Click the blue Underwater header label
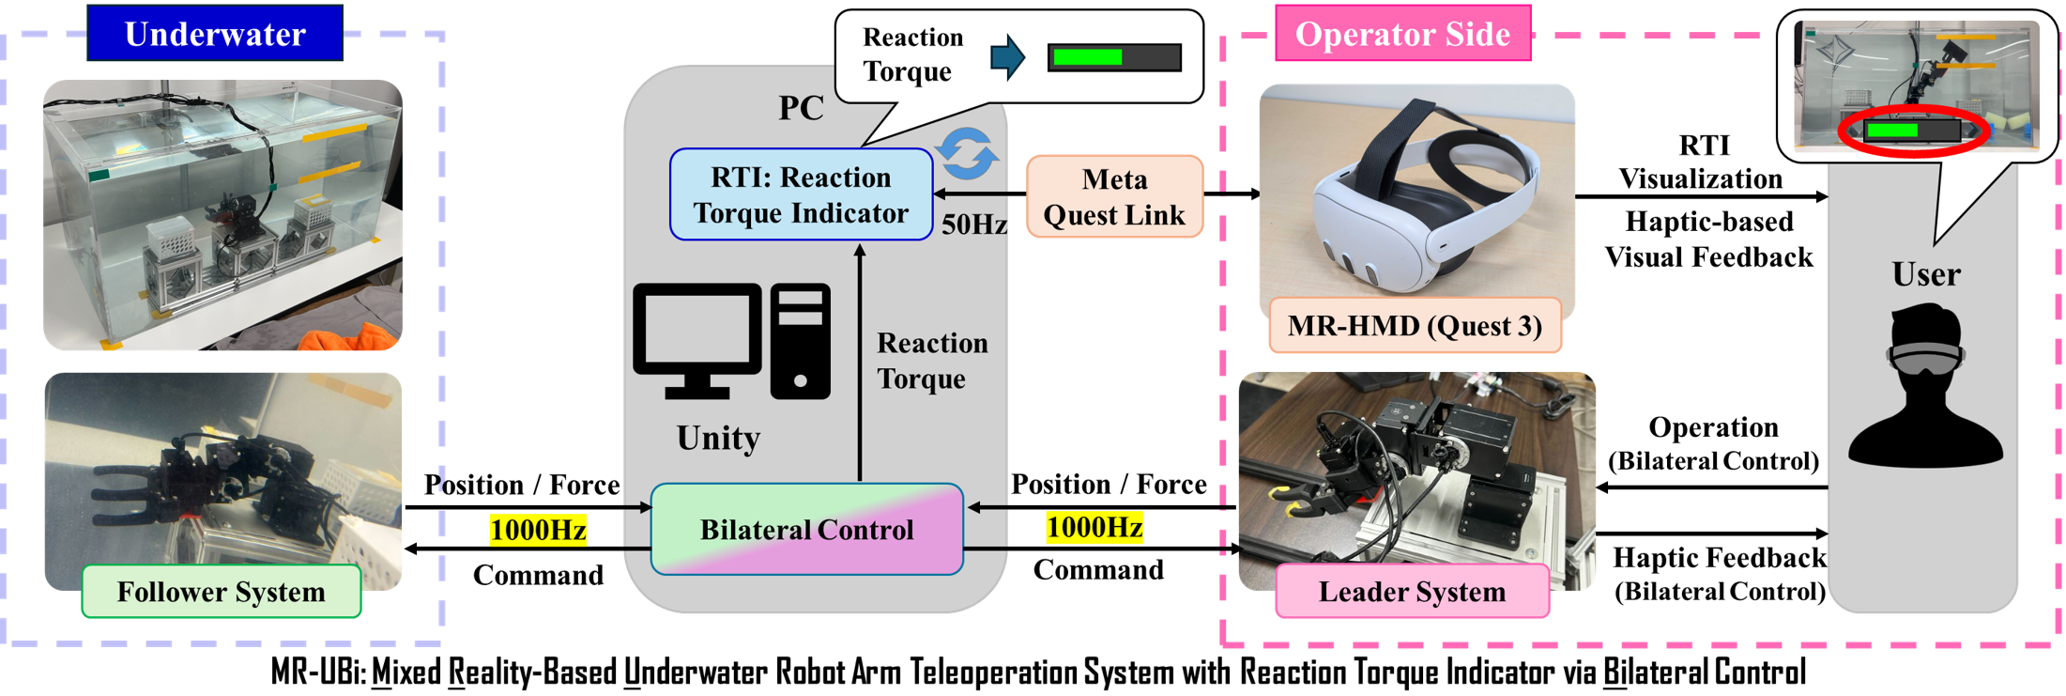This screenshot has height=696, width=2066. tap(215, 34)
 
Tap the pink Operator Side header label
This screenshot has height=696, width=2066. tap(1402, 34)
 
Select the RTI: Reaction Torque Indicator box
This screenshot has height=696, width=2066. tap(801, 194)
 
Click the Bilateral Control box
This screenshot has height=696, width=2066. tap(806, 529)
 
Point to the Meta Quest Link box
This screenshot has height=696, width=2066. tap(1114, 196)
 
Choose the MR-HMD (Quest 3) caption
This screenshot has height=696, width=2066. tap(1415, 326)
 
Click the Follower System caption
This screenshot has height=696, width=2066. tap(222, 592)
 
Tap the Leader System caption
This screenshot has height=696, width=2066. tap(1412, 592)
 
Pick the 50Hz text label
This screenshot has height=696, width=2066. tap(973, 224)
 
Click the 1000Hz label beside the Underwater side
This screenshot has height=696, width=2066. tap(538, 530)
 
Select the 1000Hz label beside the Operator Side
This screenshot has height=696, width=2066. tap(1094, 528)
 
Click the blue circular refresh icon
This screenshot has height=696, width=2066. tap(967, 153)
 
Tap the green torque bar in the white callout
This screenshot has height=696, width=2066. tap(1087, 57)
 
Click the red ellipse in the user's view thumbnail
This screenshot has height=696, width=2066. tap(1912, 131)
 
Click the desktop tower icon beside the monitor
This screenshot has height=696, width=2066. tap(801, 341)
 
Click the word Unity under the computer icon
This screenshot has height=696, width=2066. tap(718, 438)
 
